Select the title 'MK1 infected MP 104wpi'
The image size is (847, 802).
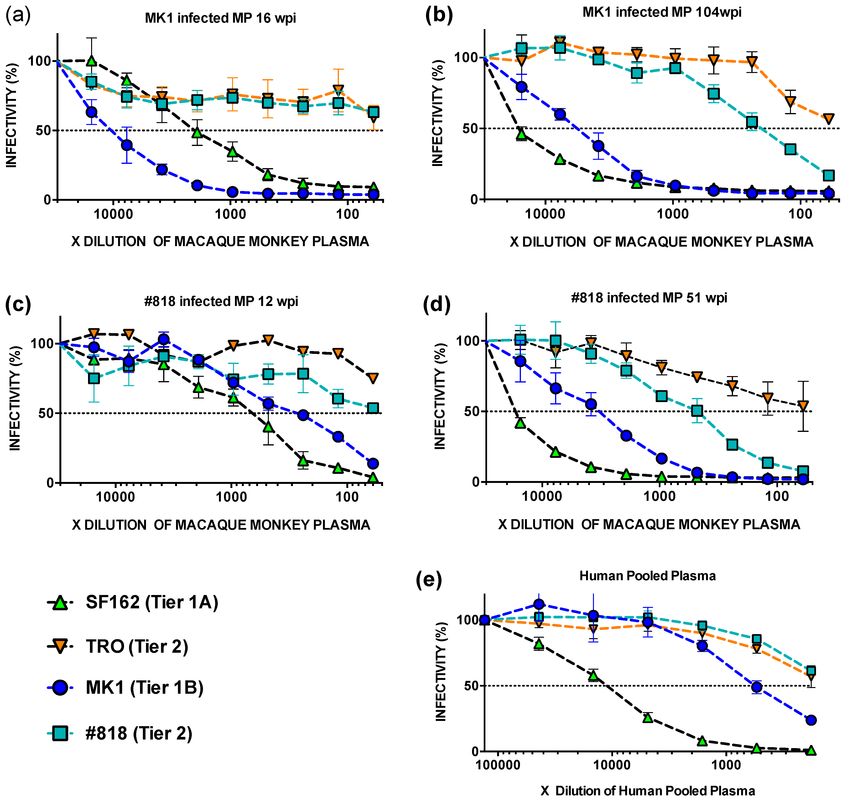[661, 12]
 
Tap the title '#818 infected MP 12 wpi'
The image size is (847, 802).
[221, 301]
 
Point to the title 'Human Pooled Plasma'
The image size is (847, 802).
[647, 576]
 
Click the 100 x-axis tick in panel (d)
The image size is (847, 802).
[776, 496]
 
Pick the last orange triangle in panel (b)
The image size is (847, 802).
[828, 119]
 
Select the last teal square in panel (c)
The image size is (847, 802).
[373, 408]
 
